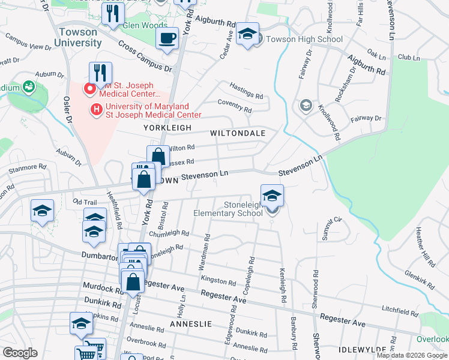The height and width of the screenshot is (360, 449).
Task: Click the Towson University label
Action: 77,37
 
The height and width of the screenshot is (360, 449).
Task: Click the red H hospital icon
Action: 95,109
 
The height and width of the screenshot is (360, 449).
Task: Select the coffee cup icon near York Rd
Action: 167,38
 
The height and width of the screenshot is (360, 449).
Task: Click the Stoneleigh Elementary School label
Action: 227,209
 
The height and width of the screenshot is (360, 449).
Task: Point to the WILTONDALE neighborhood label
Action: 237,133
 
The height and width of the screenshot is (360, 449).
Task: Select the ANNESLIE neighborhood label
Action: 191,323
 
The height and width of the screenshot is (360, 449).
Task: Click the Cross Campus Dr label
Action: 145,56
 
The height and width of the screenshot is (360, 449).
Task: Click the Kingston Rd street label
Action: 218,281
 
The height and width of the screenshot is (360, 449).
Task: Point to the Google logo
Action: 20,353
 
